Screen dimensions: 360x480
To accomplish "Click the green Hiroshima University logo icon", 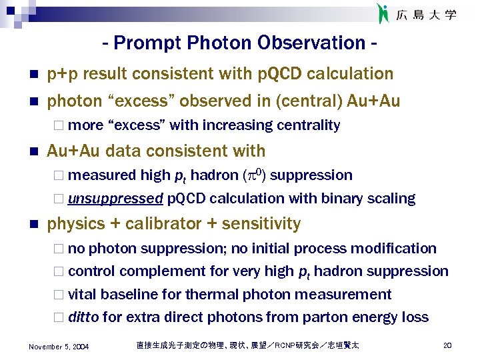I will (x=383, y=13).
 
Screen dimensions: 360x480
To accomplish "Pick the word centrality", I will (x=308, y=125).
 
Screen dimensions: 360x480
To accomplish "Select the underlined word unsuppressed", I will (x=115, y=199).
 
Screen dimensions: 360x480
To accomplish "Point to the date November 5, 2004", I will (x=59, y=346).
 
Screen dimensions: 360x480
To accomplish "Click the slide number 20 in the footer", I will (x=447, y=345).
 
